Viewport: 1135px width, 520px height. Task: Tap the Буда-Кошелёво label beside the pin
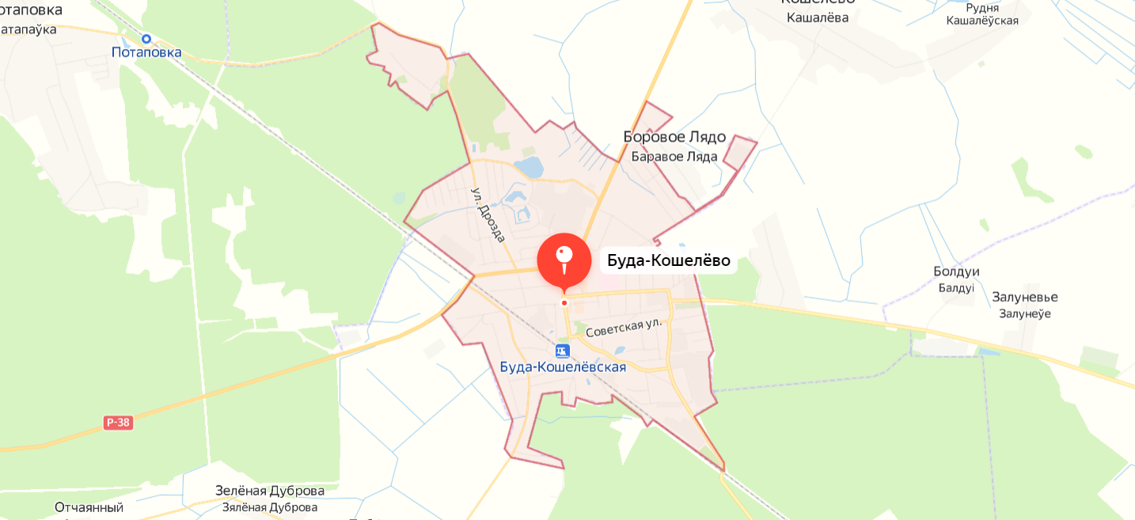(x=668, y=260)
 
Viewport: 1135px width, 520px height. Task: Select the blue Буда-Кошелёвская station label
(x=563, y=367)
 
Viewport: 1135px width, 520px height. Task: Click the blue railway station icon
(x=562, y=351)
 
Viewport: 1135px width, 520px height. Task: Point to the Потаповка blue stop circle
(x=146, y=38)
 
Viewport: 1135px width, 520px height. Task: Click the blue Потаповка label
(x=146, y=53)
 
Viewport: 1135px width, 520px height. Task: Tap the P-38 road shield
(x=118, y=423)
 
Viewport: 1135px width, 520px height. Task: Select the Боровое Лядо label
(x=674, y=137)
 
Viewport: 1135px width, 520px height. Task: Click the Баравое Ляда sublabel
(x=674, y=156)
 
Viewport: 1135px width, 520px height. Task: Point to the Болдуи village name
(x=956, y=271)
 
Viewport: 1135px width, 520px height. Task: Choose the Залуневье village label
(x=1024, y=298)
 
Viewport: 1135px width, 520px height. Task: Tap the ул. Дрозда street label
(x=488, y=214)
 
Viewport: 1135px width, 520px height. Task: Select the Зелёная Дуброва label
(x=270, y=491)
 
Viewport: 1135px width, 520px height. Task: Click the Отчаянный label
(x=89, y=507)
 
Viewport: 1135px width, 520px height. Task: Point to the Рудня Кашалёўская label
(x=982, y=14)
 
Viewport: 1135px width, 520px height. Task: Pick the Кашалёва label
(x=818, y=17)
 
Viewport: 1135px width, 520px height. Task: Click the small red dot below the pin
(x=564, y=302)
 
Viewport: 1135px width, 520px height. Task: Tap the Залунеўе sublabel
(x=1024, y=313)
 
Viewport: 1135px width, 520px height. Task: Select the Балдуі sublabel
(x=956, y=287)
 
